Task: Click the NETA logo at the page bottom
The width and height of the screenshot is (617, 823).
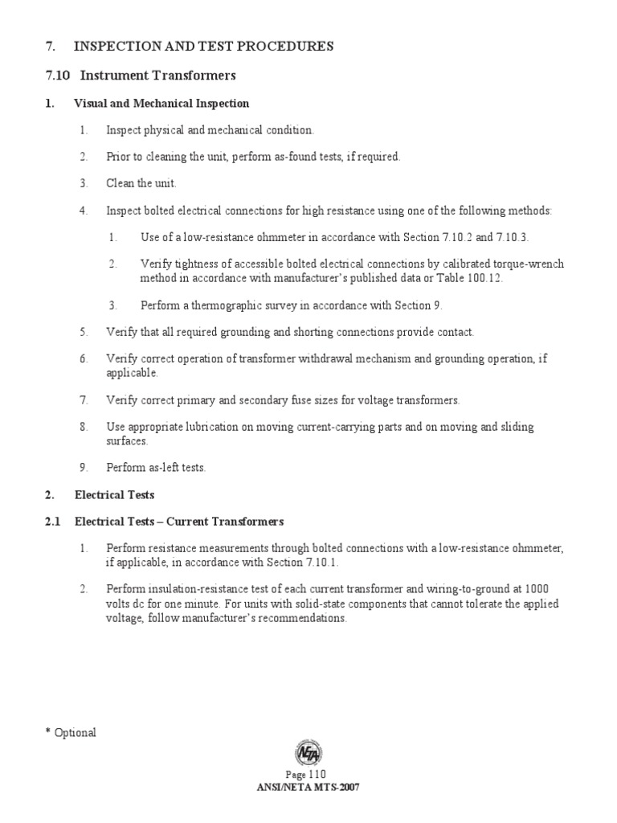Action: click(308, 753)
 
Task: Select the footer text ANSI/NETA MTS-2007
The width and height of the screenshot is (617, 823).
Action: click(308, 787)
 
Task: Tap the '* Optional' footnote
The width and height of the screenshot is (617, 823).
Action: click(71, 732)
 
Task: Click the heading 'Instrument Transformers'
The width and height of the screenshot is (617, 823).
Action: click(157, 76)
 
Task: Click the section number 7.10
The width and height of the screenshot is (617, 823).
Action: click(59, 76)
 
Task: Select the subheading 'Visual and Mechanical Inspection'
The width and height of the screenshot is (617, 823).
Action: click(161, 104)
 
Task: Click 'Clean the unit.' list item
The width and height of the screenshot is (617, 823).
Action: click(141, 183)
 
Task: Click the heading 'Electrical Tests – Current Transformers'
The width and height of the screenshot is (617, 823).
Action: click(179, 522)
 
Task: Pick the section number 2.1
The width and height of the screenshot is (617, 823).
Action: click(53, 522)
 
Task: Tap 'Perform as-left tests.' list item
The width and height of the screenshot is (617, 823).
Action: click(156, 468)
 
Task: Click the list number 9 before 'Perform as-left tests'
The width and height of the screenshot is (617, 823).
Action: click(83, 468)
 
